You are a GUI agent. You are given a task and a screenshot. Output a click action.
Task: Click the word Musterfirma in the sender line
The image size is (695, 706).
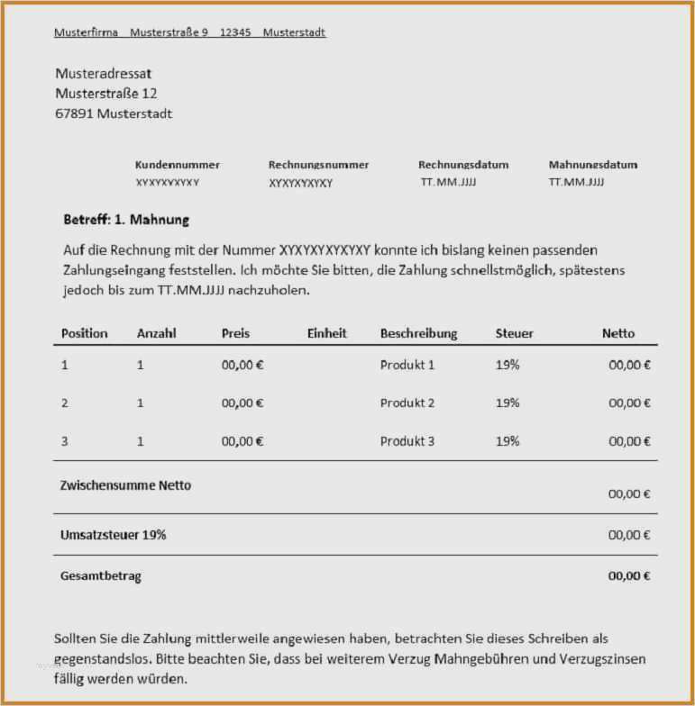[x=86, y=32]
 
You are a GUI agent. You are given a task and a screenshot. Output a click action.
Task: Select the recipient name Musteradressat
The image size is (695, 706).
[x=103, y=73]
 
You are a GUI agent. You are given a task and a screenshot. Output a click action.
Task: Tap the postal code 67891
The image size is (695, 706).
[x=74, y=113]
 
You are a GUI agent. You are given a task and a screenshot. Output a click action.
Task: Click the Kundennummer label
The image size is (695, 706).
[x=178, y=165]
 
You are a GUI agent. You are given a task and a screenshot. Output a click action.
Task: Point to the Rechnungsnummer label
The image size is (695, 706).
[x=318, y=165]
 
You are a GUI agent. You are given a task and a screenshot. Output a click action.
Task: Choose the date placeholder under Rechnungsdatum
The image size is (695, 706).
[x=448, y=182]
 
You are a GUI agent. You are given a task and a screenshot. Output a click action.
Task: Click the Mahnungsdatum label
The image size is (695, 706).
[x=593, y=165]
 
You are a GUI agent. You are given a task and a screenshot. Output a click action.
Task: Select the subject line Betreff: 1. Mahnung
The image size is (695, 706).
[x=126, y=220]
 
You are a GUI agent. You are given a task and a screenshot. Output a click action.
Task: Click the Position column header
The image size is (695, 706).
[x=84, y=333]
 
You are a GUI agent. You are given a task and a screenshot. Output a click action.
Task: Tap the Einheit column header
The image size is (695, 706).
[x=326, y=333]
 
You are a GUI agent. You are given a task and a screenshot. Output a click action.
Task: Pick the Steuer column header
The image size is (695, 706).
[x=514, y=333]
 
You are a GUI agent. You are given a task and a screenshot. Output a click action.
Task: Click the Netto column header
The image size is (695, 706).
[x=618, y=333]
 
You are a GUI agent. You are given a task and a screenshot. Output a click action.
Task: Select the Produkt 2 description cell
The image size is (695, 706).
[x=407, y=403]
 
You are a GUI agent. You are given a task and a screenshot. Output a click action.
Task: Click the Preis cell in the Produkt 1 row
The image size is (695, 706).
[x=242, y=365]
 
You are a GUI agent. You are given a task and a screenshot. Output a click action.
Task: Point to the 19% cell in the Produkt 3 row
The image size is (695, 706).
[x=508, y=441]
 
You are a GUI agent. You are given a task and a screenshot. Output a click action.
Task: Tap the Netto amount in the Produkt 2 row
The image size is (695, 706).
[x=629, y=403]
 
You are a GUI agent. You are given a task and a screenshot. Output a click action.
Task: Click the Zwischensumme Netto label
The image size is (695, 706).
[x=125, y=484]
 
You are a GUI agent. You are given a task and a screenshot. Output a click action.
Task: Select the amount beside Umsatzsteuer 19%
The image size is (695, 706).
[x=629, y=535]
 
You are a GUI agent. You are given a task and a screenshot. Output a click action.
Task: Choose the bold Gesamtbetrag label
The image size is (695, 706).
[x=101, y=575]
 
